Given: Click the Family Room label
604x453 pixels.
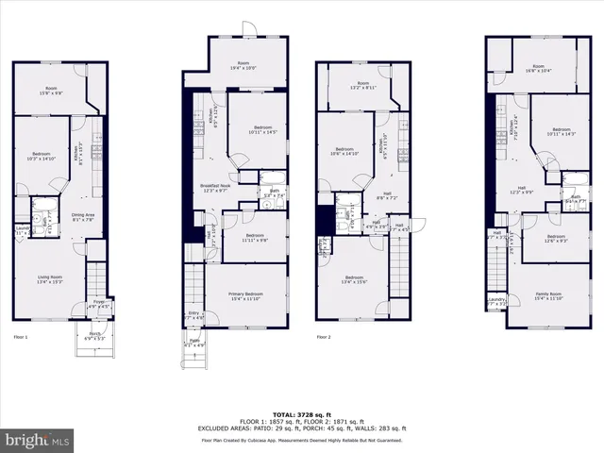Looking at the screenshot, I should tap(548, 295).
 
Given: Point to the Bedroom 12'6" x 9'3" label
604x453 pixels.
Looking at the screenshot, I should tap(556, 239).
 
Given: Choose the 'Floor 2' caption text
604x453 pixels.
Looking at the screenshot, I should tap(325, 336).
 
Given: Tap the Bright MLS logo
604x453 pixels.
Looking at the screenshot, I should tap(38, 440).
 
